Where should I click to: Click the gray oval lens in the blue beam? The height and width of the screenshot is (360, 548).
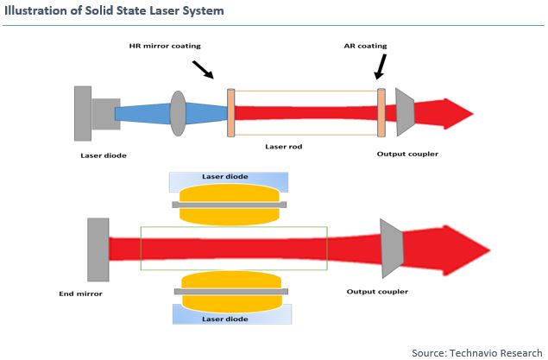tap(179, 113)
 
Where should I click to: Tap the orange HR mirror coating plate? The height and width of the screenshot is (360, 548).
tap(230, 112)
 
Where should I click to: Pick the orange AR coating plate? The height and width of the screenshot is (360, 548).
tap(381, 112)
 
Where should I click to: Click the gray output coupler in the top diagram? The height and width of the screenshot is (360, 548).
tap(404, 112)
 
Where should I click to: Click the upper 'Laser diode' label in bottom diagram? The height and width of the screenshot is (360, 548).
tap(226, 177)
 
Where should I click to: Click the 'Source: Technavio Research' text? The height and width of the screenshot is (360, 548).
tap(476, 353)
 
